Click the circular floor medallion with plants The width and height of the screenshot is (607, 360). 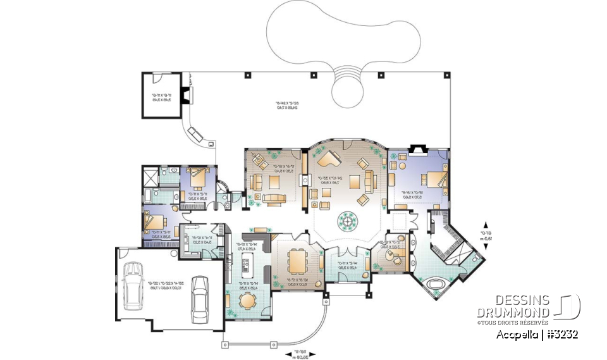click(x=348, y=220)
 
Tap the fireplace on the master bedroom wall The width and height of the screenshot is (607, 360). click(x=418, y=149)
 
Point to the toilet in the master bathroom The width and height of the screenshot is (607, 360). click(x=475, y=258)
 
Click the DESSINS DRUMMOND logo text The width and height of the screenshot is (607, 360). click(x=513, y=307)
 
